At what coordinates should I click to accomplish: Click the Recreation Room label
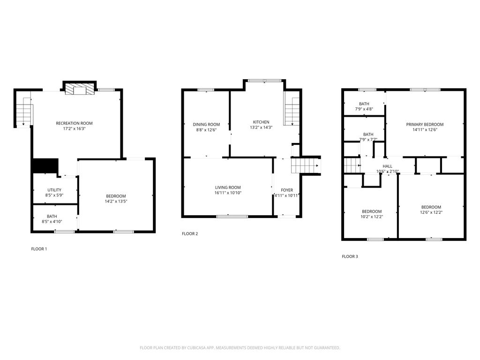pos(74,123)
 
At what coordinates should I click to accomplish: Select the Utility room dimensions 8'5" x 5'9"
pos(54,195)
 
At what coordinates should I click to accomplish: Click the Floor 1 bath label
pos(52,216)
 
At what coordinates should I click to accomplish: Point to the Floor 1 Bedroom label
pos(116,196)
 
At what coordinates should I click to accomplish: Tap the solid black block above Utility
pos(45,166)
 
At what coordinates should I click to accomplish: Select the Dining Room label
pos(206,125)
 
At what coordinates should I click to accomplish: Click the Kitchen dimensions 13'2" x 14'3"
pos(260,127)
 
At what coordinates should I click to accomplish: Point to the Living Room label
pos(228,187)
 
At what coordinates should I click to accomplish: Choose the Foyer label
pos(287,190)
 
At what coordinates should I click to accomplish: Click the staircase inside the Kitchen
pos(292,111)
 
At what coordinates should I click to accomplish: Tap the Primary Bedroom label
pos(425,125)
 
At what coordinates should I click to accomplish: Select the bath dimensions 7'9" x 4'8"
pos(364,109)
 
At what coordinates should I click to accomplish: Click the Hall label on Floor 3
pos(388,166)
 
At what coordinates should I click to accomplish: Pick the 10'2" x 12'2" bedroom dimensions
pos(371,217)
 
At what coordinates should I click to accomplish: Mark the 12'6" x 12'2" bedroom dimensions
pos(431,212)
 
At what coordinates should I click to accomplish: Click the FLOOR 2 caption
pos(190,233)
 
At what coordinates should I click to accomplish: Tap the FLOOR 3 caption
pos(350,256)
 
